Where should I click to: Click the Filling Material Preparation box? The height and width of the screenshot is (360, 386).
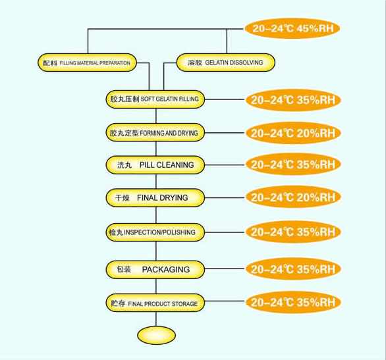coord(87,63)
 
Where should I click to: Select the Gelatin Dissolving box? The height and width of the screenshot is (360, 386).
coord(226,63)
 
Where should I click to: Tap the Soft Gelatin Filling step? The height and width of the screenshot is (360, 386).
coord(155,99)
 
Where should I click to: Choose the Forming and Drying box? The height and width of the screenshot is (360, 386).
coord(155,133)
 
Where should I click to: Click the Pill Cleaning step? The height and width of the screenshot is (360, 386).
coord(155,165)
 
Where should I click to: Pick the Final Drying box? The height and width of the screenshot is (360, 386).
coord(155,197)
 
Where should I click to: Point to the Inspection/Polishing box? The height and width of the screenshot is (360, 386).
coord(155,232)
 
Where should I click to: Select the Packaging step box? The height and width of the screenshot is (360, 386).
coord(155,270)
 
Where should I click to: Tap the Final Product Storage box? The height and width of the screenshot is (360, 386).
coord(155,303)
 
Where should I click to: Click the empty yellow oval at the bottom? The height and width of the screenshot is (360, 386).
coord(156,336)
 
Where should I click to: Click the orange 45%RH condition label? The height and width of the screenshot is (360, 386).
coord(292,28)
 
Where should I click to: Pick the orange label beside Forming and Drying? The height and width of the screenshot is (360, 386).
coord(293,133)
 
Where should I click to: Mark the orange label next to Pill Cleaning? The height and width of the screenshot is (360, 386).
coord(293,165)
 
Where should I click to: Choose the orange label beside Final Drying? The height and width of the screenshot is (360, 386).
coord(293,197)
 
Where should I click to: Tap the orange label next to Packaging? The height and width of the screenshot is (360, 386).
coord(293,269)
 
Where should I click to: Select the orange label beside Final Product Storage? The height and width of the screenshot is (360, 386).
coord(293,302)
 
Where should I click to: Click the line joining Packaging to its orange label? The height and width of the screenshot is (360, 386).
coord(225,269)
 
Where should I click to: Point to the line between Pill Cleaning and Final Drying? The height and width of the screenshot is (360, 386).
coord(156,181)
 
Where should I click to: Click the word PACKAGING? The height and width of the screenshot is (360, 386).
coord(166,270)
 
